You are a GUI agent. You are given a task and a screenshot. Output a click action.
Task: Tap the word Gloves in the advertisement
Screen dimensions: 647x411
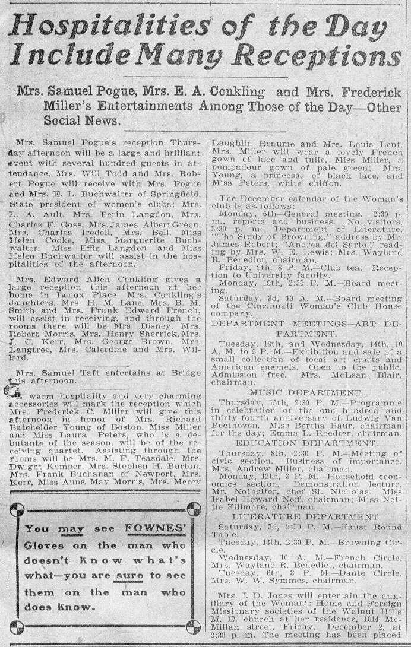tap(48, 545)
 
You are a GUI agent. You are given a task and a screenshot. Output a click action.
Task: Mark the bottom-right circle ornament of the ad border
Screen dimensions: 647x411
tap(193, 627)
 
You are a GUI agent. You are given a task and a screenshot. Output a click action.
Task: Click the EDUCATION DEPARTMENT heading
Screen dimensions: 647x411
tap(302, 443)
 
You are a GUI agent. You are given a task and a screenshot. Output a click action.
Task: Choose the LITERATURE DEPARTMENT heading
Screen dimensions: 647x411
tap(302, 517)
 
